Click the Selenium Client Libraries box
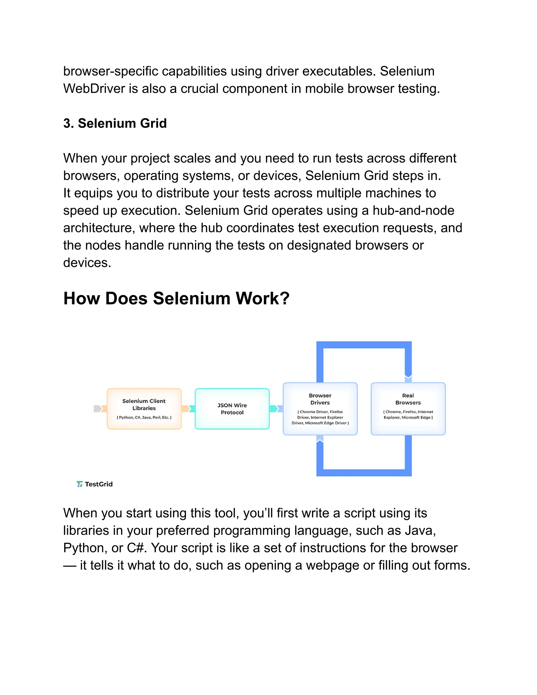144,409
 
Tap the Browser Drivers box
320,409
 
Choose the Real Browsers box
408,409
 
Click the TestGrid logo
94,484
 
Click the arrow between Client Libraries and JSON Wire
188,409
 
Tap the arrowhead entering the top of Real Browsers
408,379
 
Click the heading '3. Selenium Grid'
115,123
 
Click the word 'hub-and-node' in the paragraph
413,210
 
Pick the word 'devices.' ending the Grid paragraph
87,263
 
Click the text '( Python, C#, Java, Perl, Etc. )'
144,417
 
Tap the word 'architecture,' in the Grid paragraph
99,228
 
